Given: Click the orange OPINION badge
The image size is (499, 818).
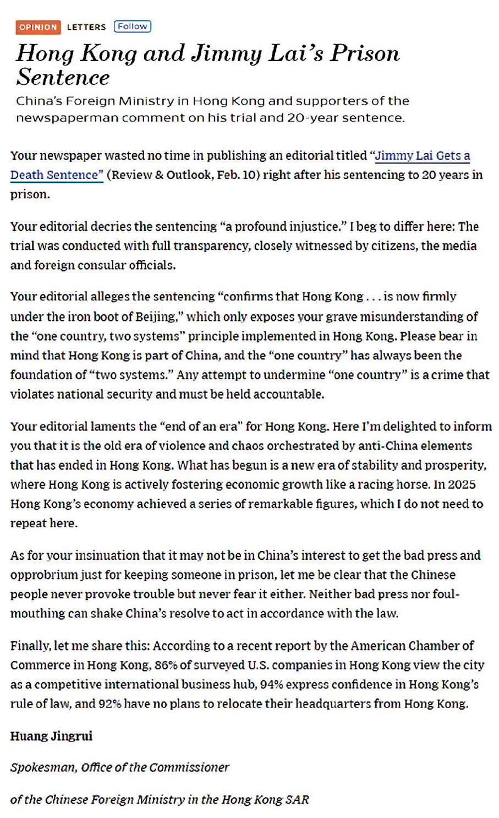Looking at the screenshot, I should pos(38,27).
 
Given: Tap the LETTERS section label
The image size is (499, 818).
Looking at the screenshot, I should pos(86,27).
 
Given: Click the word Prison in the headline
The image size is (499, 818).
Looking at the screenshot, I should pos(365,54).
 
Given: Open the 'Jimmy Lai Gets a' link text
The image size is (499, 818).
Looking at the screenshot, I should pos(423,156).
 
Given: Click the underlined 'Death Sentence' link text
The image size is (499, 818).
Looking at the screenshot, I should pos(57,175).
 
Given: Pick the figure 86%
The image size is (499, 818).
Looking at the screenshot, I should pos(166,665).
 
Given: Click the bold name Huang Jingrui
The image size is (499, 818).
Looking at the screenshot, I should pos(51,737).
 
